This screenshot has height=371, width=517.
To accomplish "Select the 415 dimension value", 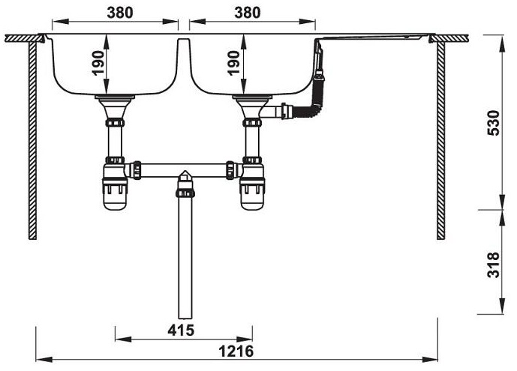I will point(182,330).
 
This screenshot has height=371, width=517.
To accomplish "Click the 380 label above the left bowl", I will point(114,12).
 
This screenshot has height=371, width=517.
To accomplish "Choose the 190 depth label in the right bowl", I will point(234,64).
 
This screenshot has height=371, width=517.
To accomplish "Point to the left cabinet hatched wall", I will point(33,139).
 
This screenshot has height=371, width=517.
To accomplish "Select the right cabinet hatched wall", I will point(440,139).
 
